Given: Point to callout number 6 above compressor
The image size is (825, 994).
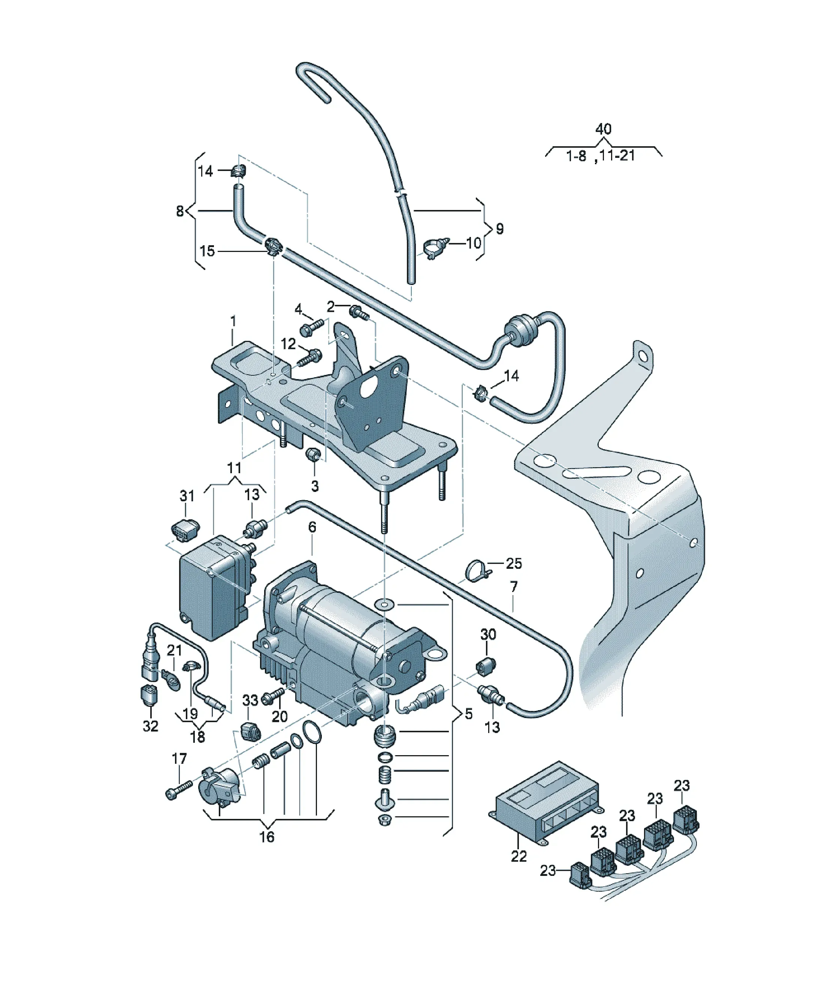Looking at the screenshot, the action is pos(312,527).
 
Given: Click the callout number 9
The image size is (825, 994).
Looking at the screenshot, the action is pos(499,229).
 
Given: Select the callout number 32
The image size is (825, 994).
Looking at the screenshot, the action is pos(151,739).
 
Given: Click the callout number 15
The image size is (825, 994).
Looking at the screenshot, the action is pos(207,251).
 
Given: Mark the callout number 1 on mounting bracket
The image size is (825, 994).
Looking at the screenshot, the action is pos(233,321).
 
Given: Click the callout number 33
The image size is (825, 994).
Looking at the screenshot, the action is pos(250,700).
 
